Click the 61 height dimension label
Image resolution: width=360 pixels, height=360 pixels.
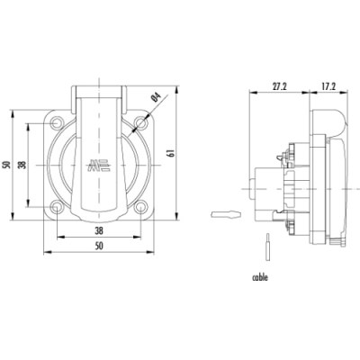coord(172,153)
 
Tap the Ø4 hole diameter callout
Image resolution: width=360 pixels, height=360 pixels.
coord(157,97)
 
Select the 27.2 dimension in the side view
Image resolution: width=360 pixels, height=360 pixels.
coord(280,86)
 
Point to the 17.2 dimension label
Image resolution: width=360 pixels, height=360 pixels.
coord(328,86)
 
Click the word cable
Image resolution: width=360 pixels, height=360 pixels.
coord(260,277)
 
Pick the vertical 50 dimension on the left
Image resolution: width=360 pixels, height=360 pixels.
coord(6,165)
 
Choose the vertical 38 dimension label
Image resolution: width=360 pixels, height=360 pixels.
coord(22,165)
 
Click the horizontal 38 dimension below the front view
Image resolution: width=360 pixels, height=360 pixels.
coord(99,230)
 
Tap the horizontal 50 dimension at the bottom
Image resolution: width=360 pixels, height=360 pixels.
coord(99,246)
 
